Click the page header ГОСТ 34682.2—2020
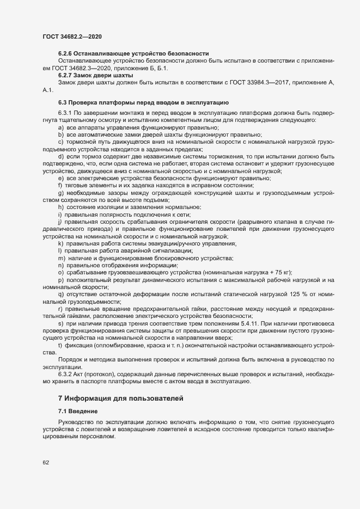pyautogui.click(x=72, y=36)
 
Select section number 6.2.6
pyautogui.click(x=67, y=53)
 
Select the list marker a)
pyautogui.click(x=61, y=128)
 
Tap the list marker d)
pyautogui.click(x=61, y=156)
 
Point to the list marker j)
pyautogui.click(x=61, y=222)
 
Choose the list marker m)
pyautogui.click(x=62, y=257)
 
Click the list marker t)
pyautogui.click(x=60, y=346)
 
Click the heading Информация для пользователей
pyautogui.click(x=130, y=399)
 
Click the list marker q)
pyautogui.click(x=61, y=294)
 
